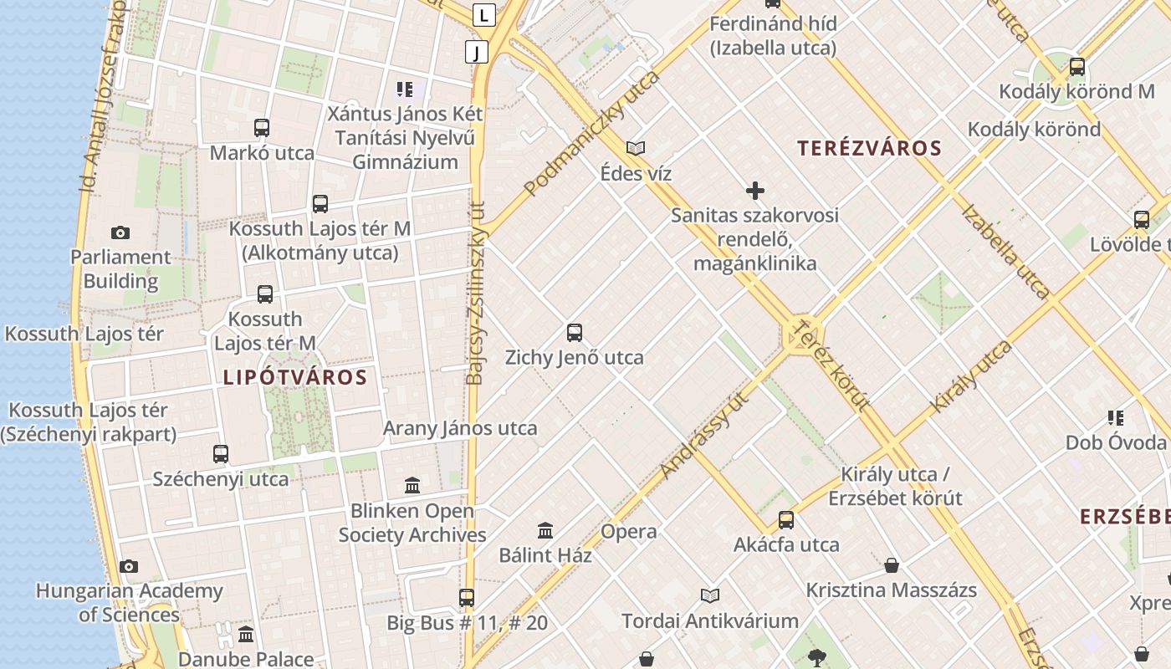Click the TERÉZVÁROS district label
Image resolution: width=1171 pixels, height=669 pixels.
click(x=869, y=149)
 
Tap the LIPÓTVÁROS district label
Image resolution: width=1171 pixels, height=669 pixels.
click(x=295, y=377)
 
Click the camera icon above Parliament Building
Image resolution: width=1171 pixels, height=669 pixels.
click(x=120, y=232)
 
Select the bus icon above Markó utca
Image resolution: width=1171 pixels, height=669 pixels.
click(x=262, y=128)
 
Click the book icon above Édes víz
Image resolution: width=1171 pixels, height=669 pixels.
click(x=636, y=148)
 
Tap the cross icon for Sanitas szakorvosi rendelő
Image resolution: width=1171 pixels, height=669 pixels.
click(x=754, y=191)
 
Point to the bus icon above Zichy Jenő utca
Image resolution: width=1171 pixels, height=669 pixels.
click(x=575, y=333)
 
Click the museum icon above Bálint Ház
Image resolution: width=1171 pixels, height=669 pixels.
click(x=545, y=530)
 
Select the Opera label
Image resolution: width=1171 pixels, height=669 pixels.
click(x=629, y=532)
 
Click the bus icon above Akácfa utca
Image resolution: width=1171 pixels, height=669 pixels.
click(x=786, y=520)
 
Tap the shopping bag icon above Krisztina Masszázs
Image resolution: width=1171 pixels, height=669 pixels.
click(x=892, y=565)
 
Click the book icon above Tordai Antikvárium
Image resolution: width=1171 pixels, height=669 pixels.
click(x=709, y=596)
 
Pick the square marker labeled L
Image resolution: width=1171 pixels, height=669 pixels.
click(x=483, y=14)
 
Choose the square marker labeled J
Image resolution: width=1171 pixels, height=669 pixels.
click(x=477, y=53)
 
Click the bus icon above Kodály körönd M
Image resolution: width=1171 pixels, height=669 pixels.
click(x=1077, y=67)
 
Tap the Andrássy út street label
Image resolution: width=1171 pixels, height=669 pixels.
click(x=703, y=436)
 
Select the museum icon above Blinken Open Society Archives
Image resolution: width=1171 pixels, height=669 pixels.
click(x=412, y=486)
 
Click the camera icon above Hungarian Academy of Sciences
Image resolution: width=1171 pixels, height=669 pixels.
click(x=129, y=566)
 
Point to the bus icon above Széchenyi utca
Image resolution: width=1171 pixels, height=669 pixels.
click(x=221, y=454)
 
